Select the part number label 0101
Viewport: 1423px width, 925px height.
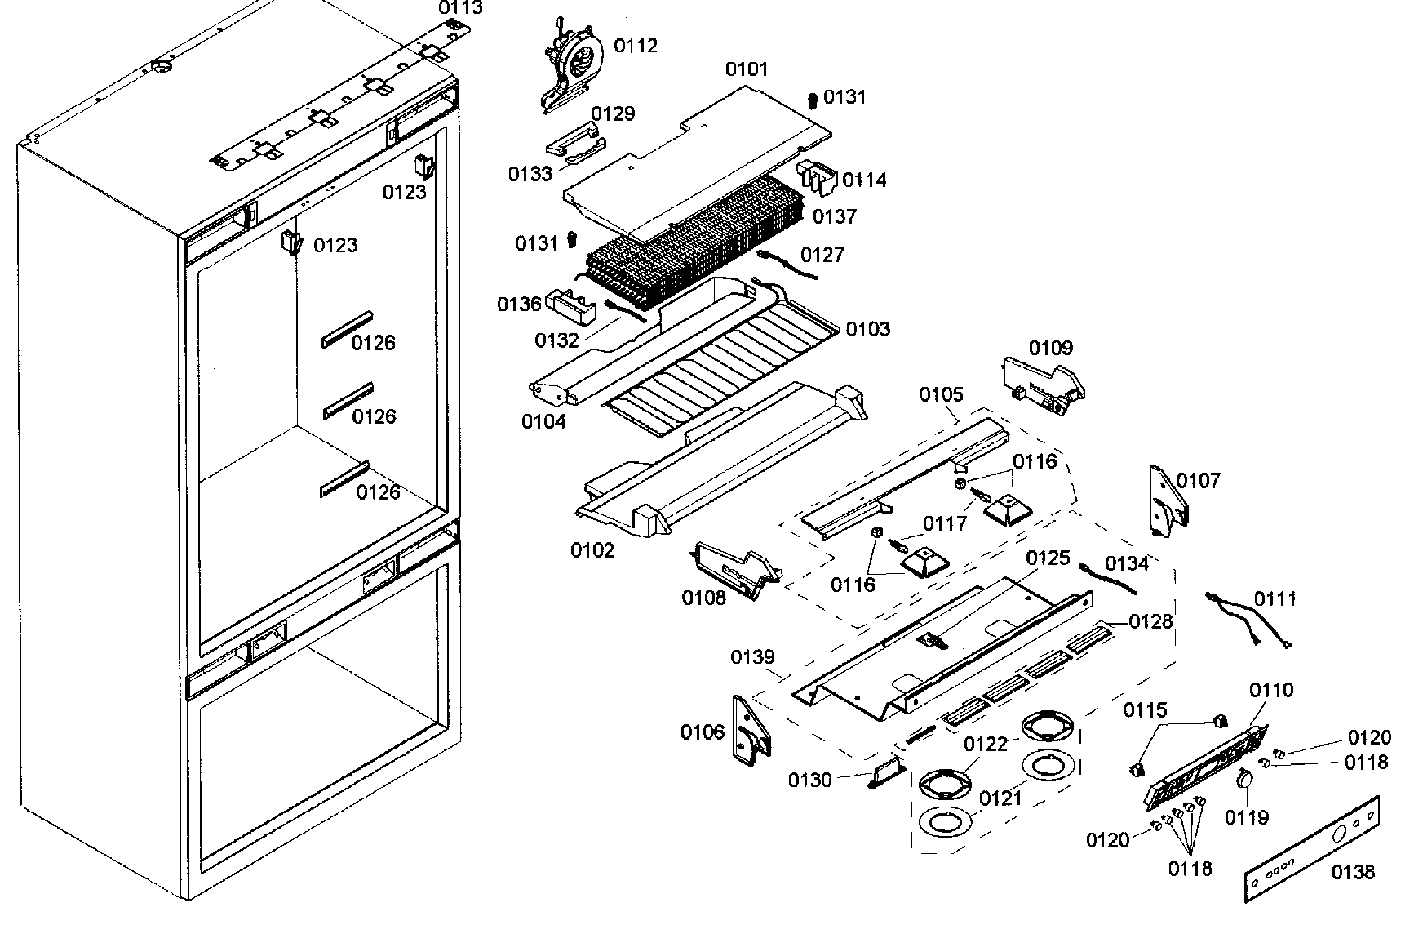[747, 69]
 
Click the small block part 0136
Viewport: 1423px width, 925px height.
[569, 306]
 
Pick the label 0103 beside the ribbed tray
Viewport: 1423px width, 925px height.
[867, 329]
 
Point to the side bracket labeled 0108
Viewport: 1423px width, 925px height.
[734, 567]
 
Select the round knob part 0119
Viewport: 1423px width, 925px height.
[1244, 780]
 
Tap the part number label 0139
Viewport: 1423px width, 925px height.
[752, 657]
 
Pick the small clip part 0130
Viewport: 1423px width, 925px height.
[885, 772]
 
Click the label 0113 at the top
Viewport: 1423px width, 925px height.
[461, 8]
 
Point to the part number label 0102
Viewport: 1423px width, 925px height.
[592, 550]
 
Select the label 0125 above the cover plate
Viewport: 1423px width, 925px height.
[1048, 558]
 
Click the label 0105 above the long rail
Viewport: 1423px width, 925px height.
[941, 395]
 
